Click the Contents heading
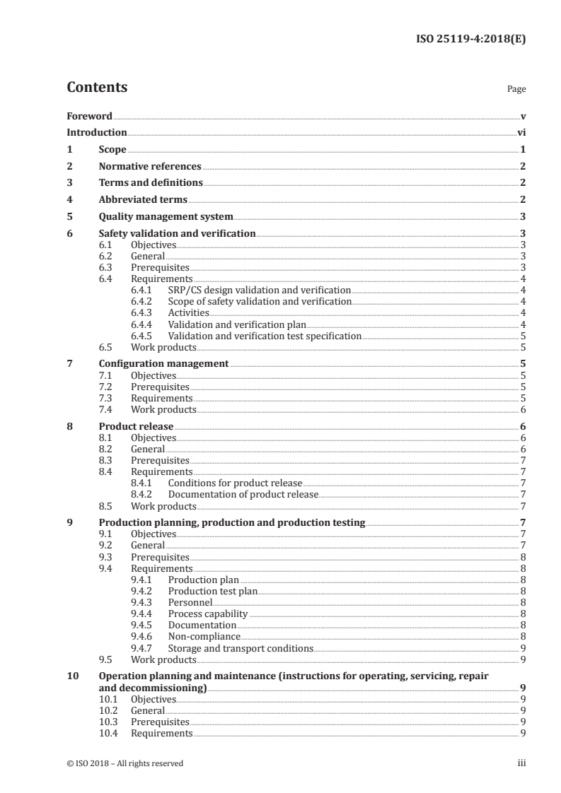point(97,88)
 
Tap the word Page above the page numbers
point(516,90)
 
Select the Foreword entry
point(89,116)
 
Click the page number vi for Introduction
point(521,132)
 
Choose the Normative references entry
point(149,166)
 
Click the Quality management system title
point(166,216)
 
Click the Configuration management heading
point(163,363)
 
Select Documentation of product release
point(243,495)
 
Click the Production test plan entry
point(212,591)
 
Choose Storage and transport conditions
point(240,648)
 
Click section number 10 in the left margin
point(73,676)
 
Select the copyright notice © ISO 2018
point(125,763)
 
